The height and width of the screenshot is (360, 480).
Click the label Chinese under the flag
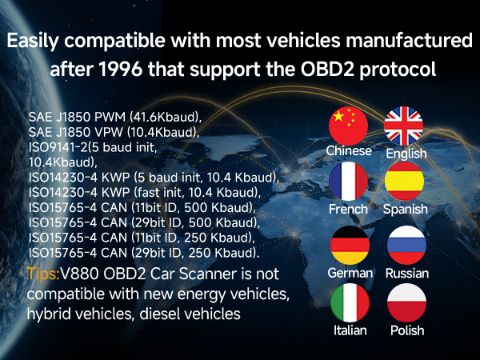click(x=349, y=150)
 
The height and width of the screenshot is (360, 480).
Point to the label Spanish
click(x=406, y=210)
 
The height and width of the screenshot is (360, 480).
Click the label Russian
click(x=406, y=273)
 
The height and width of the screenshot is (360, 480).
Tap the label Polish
click(x=406, y=330)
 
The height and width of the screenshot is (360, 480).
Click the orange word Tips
click(x=42, y=273)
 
